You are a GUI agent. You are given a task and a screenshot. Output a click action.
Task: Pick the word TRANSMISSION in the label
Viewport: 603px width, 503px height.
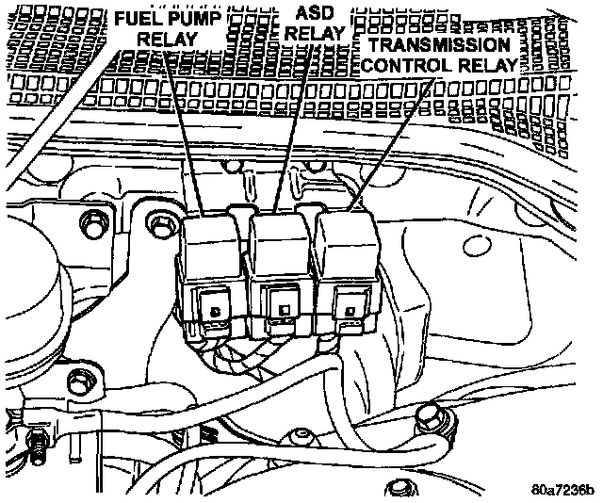440,44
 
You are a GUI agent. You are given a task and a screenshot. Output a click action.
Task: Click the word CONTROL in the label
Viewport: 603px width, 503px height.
405,66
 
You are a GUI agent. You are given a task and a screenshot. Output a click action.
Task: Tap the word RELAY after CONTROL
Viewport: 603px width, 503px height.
485,66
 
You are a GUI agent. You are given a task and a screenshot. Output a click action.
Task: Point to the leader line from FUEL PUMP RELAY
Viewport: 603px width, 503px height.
184,132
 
